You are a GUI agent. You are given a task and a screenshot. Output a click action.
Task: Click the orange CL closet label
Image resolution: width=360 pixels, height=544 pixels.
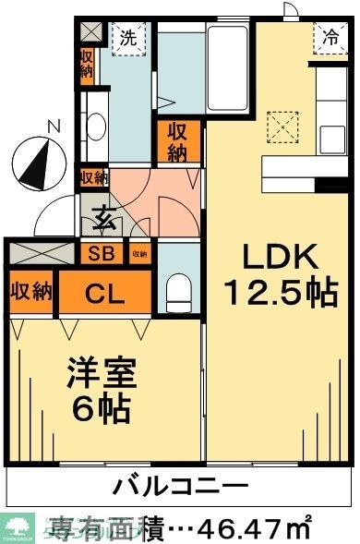click(x=105, y=295)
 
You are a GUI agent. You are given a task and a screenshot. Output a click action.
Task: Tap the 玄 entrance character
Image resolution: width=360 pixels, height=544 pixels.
click(x=102, y=221)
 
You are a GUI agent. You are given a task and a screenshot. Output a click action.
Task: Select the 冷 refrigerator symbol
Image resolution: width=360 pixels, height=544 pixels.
click(x=330, y=37)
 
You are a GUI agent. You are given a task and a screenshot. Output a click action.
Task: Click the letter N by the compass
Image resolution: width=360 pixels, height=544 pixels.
click(x=54, y=126)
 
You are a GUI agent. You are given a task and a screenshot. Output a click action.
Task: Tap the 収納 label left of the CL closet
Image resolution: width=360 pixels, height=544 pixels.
click(x=30, y=293)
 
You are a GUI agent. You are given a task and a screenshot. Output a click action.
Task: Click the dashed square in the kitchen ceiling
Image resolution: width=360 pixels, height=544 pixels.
click(x=281, y=126)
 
